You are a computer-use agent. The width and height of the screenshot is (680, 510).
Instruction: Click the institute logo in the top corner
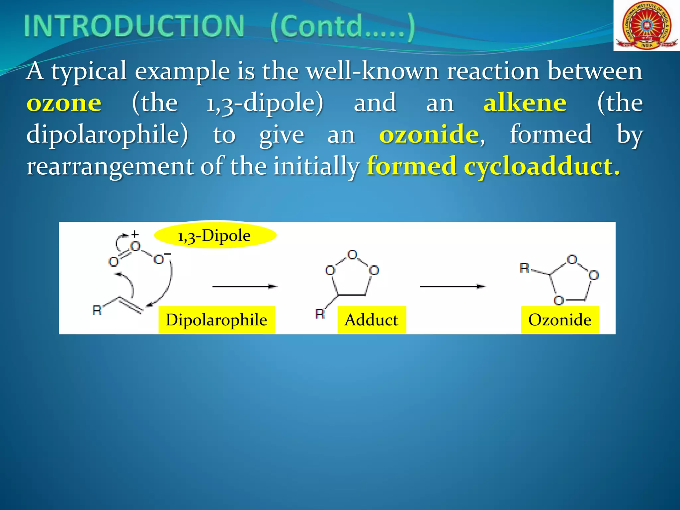tap(646, 26)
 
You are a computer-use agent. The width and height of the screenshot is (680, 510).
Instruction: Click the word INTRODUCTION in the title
tap(134, 26)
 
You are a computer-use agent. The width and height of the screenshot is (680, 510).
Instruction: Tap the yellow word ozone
tap(64, 103)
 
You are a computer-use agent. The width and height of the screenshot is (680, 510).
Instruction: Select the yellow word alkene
tap(525, 103)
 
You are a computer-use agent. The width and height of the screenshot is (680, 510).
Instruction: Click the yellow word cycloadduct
tap(541, 166)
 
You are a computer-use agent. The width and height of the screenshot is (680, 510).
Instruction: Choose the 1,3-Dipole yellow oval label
tap(215, 236)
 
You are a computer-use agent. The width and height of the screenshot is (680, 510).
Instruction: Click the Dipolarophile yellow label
tap(216, 320)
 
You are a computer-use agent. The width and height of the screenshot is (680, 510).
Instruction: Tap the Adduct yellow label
tap(372, 320)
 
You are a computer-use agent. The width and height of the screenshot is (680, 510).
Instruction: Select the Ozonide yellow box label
tap(560, 320)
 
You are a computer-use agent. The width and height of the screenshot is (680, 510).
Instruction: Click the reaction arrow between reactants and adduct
tap(245, 286)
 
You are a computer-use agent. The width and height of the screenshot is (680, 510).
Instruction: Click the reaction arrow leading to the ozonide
tap(453, 286)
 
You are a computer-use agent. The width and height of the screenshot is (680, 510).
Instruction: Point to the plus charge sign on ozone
tap(135, 234)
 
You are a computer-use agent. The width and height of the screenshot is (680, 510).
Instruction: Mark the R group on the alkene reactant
tap(97, 310)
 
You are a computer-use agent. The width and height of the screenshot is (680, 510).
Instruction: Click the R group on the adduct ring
tap(320, 314)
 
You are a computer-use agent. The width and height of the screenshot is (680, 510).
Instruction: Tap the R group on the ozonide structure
tap(524, 268)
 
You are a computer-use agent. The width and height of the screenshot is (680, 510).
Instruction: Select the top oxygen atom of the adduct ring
tap(352, 255)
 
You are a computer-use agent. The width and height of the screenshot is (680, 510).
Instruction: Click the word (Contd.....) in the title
tap(342, 27)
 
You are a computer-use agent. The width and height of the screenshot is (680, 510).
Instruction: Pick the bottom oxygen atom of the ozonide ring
tap(559, 300)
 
